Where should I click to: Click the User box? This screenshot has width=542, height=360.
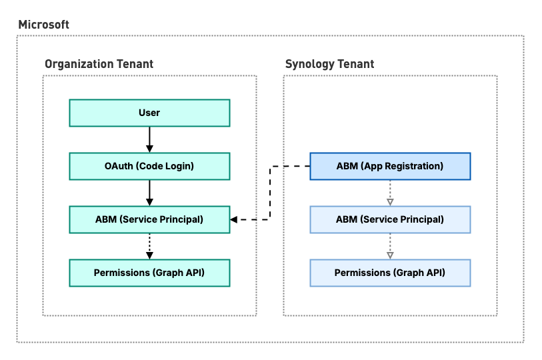coord(149,113)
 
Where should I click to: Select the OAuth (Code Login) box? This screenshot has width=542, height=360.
coord(149,166)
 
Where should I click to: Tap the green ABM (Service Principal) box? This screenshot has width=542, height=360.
coord(149,219)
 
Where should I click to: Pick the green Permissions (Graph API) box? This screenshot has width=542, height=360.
coord(149,273)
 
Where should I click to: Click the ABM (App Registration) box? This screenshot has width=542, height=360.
coord(390,166)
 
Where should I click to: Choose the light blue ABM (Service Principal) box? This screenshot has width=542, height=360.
coord(390,219)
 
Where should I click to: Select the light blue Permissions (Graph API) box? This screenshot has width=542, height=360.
coord(390,273)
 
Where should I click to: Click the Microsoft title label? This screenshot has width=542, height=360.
coord(43,25)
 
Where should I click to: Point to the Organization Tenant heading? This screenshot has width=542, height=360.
coord(99,64)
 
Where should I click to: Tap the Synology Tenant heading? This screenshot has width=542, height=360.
coord(329,64)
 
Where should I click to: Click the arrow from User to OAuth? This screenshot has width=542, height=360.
coord(149,140)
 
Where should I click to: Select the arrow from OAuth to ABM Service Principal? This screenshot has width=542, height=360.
coord(149,193)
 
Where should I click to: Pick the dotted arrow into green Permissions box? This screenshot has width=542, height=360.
coord(149,246)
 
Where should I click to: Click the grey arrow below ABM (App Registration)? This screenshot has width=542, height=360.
coord(390,193)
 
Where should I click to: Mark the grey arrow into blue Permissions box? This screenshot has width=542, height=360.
coord(390,246)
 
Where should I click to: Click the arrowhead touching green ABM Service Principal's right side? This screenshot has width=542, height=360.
coord(234,219)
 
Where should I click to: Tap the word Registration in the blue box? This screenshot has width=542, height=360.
coord(414,167)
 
